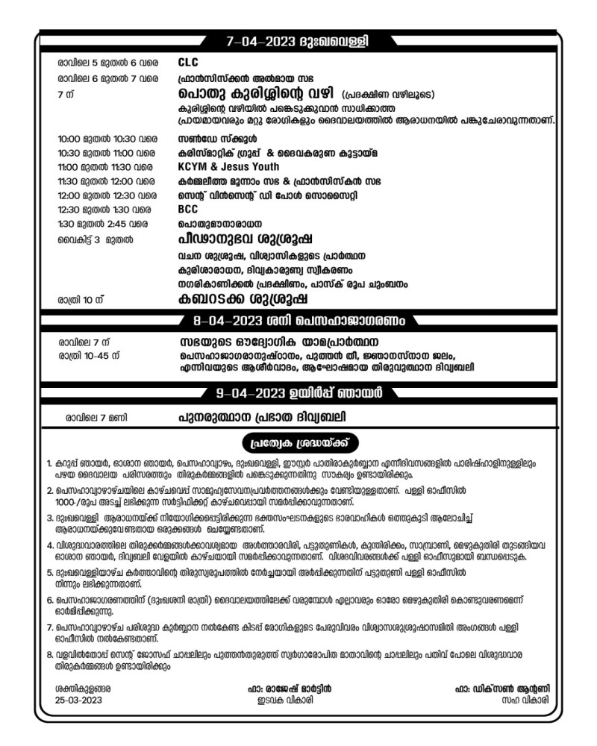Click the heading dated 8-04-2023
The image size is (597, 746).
(298, 322)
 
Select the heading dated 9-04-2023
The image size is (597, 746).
(298, 392)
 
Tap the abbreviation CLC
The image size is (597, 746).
(189, 63)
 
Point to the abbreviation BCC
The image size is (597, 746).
(189, 210)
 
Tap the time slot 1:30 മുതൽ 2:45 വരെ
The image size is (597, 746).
(105, 225)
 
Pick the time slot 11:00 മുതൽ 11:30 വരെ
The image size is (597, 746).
(105, 167)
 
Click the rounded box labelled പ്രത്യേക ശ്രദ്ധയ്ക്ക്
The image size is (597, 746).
(298, 442)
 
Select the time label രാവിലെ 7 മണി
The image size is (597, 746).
(96, 416)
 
